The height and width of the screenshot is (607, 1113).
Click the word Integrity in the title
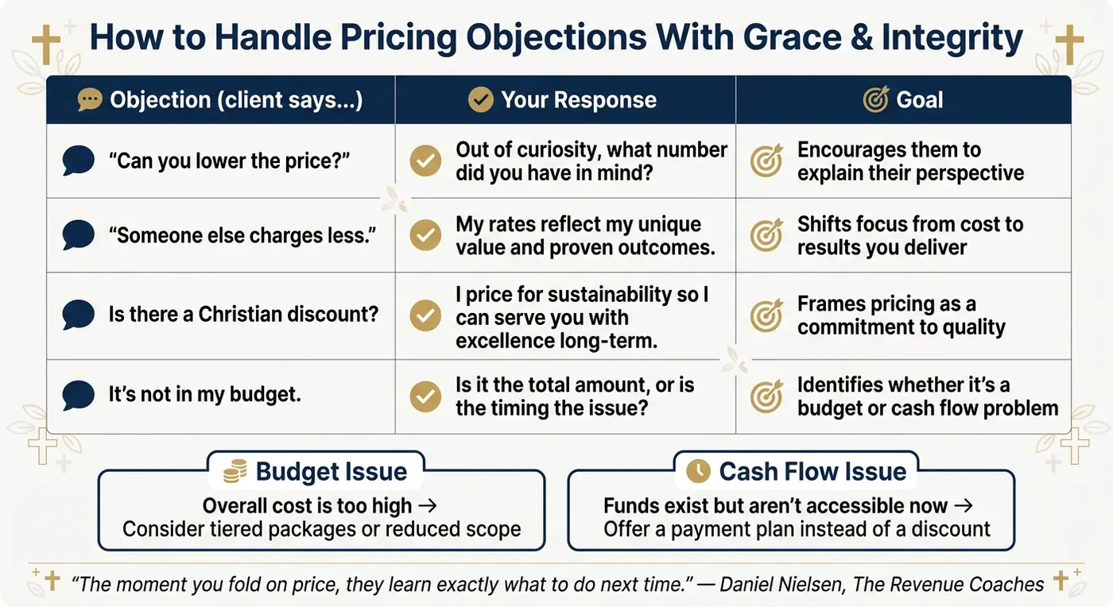coord(952,38)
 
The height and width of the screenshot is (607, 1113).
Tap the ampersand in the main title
coord(861,37)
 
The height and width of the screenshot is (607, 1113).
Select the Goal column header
coord(903,99)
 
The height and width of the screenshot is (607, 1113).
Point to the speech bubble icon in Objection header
coord(90,100)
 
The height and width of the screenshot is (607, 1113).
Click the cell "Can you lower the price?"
coord(221,161)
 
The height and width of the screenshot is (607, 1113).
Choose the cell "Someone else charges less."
coord(221,235)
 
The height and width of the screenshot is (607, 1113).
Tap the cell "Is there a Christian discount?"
coord(221,315)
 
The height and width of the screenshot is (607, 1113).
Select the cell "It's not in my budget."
coord(221,396)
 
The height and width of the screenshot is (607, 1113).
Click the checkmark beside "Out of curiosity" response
coord(425,161)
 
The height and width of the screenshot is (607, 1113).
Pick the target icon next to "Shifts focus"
coord(766,234)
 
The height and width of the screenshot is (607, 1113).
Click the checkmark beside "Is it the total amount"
coord(425,396)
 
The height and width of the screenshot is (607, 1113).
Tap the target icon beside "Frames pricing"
coord(766,315)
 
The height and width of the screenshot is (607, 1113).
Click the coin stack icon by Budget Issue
coord(235,471)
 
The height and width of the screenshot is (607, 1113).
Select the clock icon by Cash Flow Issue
coord(698,470)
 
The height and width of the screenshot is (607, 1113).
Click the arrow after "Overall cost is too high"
coord(428,506)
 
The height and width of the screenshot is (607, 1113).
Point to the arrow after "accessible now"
coord(964,506)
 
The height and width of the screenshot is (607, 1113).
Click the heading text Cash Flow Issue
coord(812,471)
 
